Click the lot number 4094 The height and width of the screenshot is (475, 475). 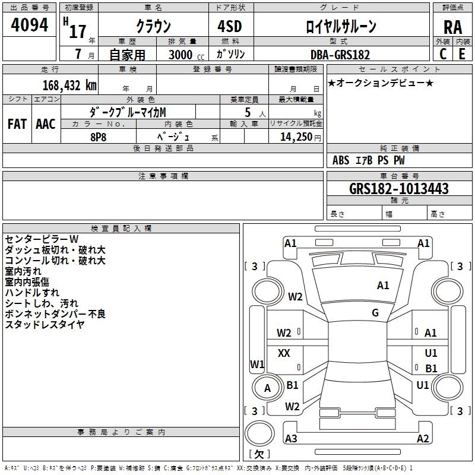pos(29,24)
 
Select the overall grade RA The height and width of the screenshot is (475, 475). pos(453,27)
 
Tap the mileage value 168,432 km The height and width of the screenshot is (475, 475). pos(69,85)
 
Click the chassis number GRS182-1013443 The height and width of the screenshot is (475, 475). pos(399,188)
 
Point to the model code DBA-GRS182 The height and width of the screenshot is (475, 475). pos(340,55)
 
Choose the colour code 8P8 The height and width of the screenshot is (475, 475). pos(98,137)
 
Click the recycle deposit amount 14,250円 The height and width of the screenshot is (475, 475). pos(300,137)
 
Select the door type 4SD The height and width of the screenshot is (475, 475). pos(230,26)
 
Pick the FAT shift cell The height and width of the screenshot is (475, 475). pos(17,124)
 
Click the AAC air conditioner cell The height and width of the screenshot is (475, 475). pos(46,124)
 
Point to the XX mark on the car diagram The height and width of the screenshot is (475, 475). pos(284,353)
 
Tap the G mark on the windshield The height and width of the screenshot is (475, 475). pos(375,312)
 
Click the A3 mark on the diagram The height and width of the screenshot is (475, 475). pos(291,438)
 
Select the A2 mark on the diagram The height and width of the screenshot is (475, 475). pos(423,438)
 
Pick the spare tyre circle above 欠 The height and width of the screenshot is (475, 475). pos(259,433)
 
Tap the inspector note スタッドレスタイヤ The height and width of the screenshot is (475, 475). pos(45,324)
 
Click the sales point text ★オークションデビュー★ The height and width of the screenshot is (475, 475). pos(381,83)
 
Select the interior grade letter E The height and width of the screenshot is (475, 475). pos(462,54)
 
